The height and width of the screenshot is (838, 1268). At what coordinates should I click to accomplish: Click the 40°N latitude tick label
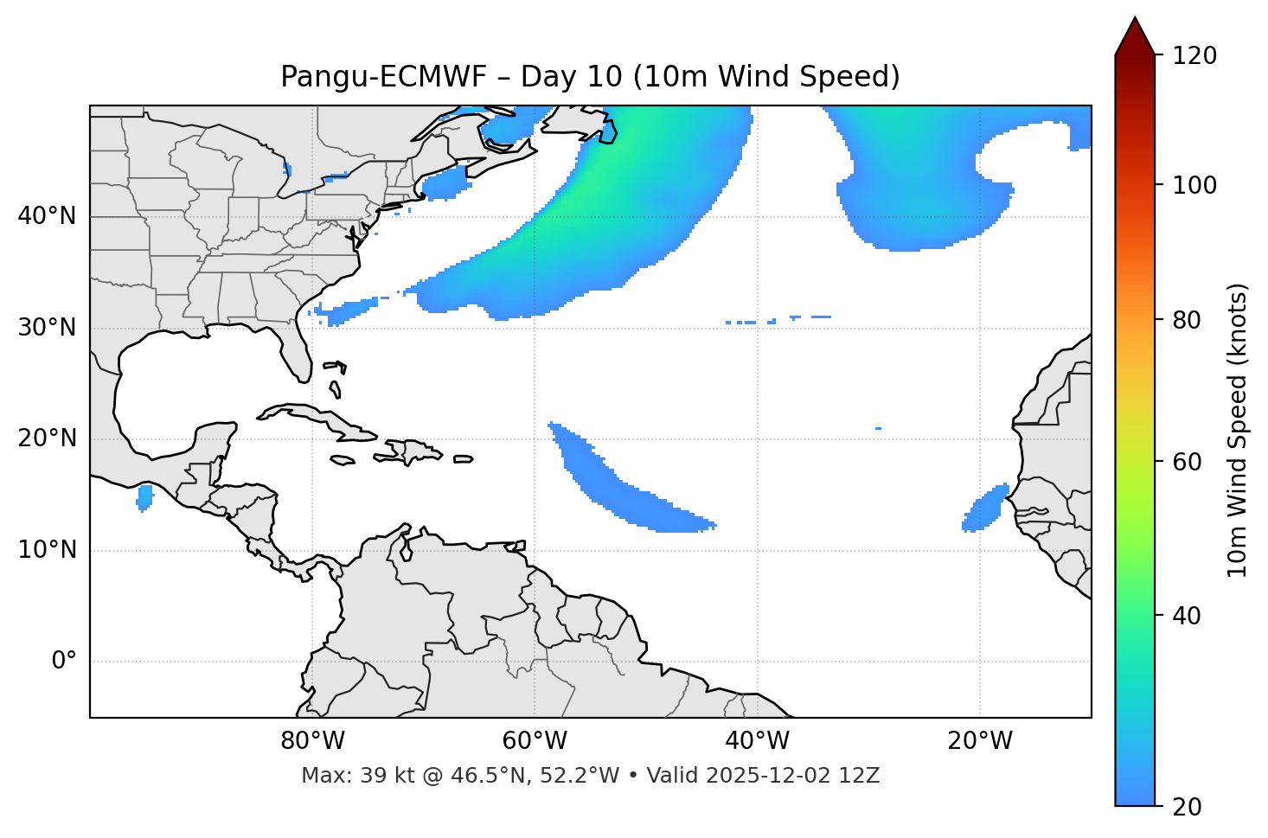pyautogui.click(x=47, y=216)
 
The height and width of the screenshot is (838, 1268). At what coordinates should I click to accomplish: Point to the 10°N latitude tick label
pyautogui.click(x=47, y=550)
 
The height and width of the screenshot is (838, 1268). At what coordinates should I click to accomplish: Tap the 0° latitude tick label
pyautogui.click(x=63, y=662)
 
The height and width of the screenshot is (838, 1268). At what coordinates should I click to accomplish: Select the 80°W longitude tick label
pyautogui.click(x=312, y=741)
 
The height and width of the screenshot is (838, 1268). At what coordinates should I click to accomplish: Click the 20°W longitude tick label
pyautogui.click(x=980, y=741)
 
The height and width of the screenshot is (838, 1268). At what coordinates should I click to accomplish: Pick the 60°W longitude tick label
pyautogui.click(x=535, y=741)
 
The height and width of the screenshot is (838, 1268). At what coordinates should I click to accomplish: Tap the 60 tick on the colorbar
pyautogui.click(x=1189, y=462)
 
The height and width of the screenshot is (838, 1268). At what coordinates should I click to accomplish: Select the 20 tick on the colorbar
pyautogui.click(x=1189, y=807)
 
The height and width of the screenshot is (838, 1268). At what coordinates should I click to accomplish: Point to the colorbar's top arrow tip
pyautogui.click(x=1135, y=17)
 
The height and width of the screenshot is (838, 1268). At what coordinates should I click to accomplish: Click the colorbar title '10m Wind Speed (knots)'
pyautogui.click(x=1238, y=430)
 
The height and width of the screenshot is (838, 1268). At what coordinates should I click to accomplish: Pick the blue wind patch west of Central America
pyautogui.click(x=144, y=497)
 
